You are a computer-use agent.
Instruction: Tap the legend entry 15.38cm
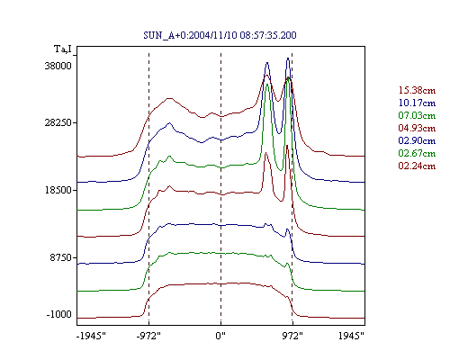(x=417, y=90)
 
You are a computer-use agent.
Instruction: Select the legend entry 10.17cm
(x=417, y=103)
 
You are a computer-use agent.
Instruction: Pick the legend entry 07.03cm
(x=417, y=115)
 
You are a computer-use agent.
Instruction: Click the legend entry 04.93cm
(x=417, y=128)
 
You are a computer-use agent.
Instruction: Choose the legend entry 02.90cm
(x=417, y=140)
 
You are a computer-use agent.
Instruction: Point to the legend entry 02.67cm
(x=417, y=153)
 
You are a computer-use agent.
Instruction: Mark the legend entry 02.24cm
(x=417, y=166)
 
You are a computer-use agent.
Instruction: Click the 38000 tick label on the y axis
(x=58, y=66)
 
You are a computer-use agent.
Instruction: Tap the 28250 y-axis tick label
(x=58, y=123)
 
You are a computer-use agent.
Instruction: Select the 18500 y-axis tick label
(x=58, y=190)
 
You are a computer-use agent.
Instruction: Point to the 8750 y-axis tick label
(x=60, y=257)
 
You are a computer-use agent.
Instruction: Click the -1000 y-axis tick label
(x=58, y=314)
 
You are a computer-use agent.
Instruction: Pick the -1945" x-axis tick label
(x=91, y=336)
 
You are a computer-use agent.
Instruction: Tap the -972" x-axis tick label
(x=148, y=336)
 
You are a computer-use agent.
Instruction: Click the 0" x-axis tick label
(x=220, y=336)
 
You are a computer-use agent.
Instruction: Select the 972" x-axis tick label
(x=292, y=336)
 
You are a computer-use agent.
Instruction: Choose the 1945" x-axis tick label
(x=351, y=336)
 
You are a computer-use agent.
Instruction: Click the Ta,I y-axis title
(x=63, y=49)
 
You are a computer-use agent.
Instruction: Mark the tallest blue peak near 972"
(x=288, y=58)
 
